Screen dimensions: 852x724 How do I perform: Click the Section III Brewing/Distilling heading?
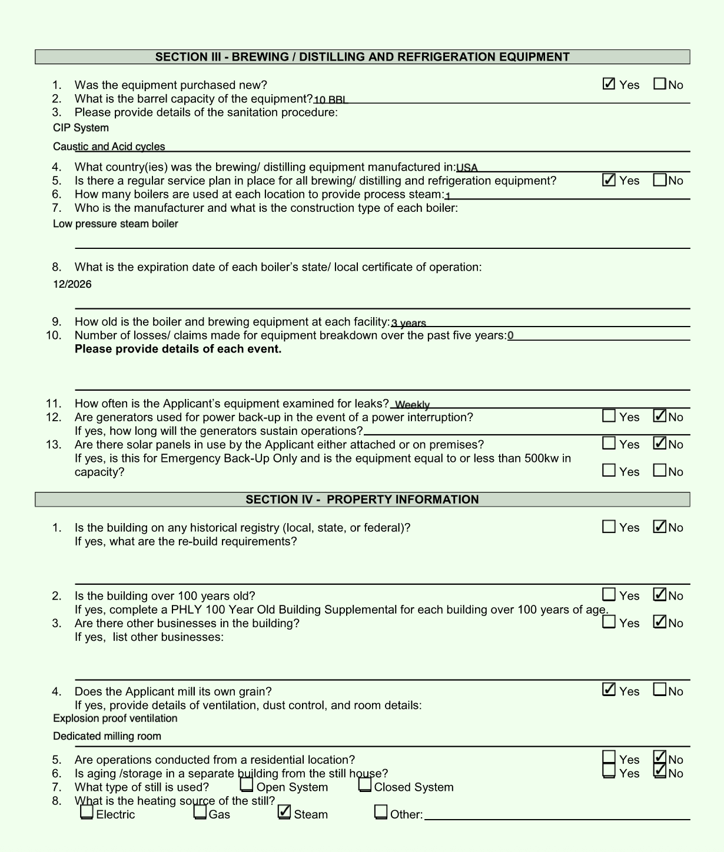coord(362,57)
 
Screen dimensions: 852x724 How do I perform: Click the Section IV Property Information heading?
coord(362,500)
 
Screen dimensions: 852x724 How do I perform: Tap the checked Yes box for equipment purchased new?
coord(609,84)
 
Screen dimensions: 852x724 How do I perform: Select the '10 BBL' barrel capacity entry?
coord(331,99)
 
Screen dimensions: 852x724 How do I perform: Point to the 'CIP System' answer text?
coord(81,128)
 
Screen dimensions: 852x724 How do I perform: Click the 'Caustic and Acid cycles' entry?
coord(109,147)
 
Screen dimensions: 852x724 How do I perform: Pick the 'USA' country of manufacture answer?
coord(467,168)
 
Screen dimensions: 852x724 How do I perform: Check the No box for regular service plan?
coord(660,180)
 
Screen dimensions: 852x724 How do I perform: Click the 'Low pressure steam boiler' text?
coord(115,224)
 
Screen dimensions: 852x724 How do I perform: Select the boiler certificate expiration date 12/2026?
coord(72,284)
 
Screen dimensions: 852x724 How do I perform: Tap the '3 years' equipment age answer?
coord(409,323)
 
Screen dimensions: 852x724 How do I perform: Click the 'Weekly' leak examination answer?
coord(413,405)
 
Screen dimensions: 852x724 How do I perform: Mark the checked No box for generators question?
coord(660,416)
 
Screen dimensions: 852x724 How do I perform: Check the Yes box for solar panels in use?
coord(609,444)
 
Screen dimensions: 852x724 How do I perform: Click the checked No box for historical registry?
coord(660,527)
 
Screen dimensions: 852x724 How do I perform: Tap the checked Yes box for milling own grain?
coord(609,690)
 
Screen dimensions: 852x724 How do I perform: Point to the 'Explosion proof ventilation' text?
coord(115,718)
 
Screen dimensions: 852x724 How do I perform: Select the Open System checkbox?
coord(247,785)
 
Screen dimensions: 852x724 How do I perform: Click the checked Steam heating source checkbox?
coord(284,813)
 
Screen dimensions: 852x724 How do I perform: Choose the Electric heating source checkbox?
coord(87,813)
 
